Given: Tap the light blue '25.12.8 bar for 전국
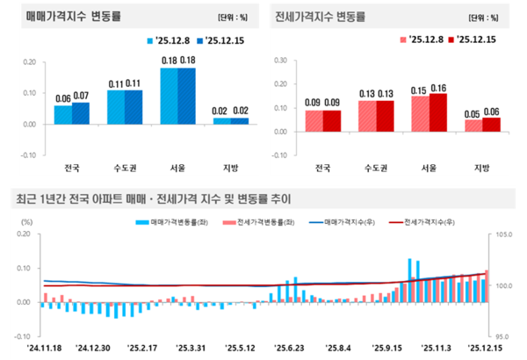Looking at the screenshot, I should click(62, 114).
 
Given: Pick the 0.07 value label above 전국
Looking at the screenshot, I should click(81, 96).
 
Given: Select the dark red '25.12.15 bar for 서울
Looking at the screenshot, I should click(439, 112).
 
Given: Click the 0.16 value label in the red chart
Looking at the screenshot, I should click(438, 88).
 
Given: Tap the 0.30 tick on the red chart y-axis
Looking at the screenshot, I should click(281, 61).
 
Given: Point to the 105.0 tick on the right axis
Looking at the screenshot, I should click(503, 235).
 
